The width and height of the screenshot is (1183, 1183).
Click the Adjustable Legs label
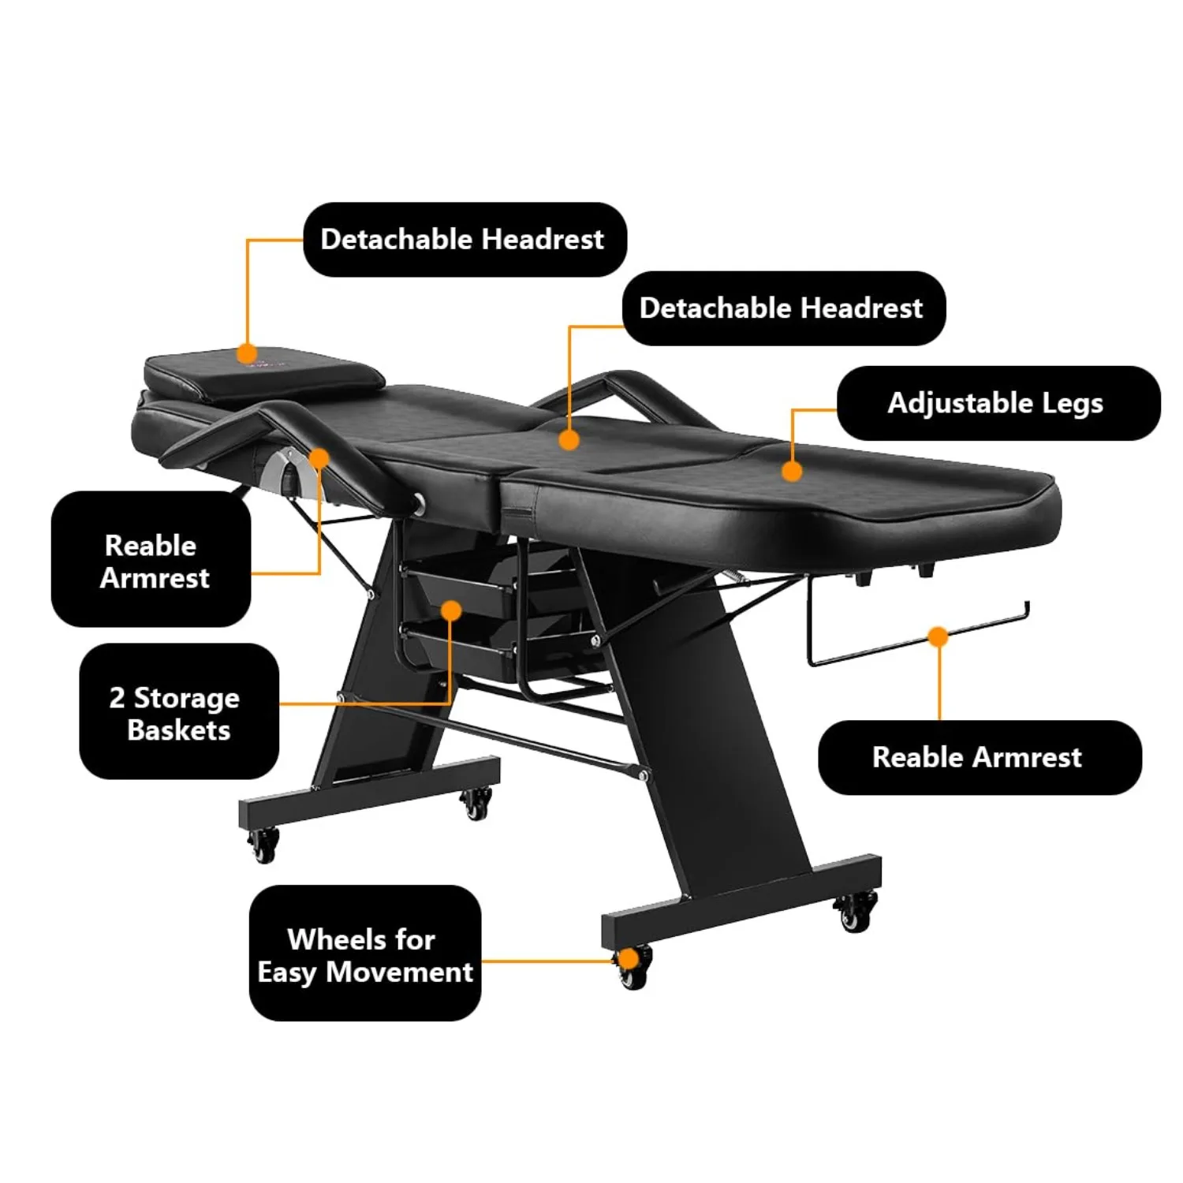tap(998, 403)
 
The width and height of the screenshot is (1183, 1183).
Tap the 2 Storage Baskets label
tap(179, 711)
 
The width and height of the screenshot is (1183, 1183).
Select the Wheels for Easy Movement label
tap(364, 953)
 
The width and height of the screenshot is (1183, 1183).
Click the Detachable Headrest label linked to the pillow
tap(465, 239)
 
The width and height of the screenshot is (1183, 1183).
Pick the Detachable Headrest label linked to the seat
tap(783, 308)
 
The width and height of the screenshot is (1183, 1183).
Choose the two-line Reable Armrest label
tap(151, 559)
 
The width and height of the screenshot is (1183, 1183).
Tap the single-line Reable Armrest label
tap(979, 757)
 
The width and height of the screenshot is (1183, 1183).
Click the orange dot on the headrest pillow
tap(248, 353)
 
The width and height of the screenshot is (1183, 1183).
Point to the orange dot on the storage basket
tap(451, 610)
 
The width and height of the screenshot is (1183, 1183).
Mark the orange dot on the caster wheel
tap(628, 959)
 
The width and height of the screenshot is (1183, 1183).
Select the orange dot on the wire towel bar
tap(938, 636)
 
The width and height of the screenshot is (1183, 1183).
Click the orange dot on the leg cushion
tap(792, 471)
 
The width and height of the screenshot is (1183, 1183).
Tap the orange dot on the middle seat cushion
tap(569, 440)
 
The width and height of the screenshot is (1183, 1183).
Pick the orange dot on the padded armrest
tap(319, 458)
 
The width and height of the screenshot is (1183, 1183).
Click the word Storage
tap(187, 698)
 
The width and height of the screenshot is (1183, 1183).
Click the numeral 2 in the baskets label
tap(117, 697)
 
